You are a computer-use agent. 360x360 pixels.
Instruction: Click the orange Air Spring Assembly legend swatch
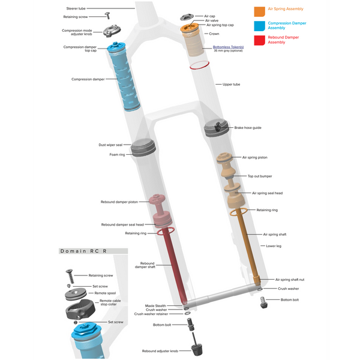259,11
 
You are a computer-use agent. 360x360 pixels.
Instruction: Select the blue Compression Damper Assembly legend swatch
259,26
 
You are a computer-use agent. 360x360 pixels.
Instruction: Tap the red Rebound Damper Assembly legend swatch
259,40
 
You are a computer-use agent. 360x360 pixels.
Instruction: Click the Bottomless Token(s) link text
228,47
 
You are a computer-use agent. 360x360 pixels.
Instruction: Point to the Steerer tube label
76,8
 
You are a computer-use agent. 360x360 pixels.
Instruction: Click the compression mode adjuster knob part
112,31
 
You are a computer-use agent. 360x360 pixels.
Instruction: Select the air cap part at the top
187,17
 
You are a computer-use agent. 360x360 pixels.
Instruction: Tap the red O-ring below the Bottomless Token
199,65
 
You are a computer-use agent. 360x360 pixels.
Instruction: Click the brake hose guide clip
218,127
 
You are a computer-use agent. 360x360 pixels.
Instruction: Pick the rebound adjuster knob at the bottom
197,349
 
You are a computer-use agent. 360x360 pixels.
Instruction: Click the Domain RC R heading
83,251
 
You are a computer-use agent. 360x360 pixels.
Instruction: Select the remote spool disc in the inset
76,295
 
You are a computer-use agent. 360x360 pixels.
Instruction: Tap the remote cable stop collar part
80,310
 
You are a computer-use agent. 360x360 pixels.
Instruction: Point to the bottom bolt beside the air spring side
263,302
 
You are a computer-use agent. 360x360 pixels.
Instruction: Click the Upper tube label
231,84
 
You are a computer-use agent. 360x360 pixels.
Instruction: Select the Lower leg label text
274,246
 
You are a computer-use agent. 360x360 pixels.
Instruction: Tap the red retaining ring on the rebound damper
166,232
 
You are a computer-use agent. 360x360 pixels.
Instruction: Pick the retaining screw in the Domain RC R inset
70,276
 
